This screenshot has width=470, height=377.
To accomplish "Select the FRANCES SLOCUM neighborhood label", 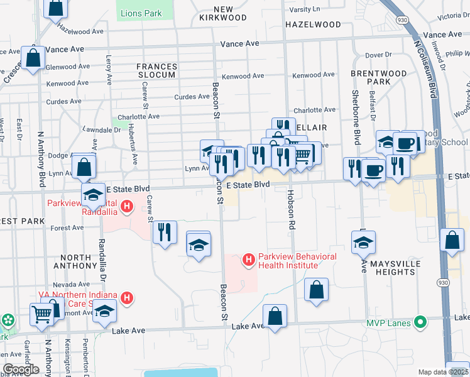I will [x=157, y=70].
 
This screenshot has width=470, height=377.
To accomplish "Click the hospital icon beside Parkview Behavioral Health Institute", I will [x=248, y=259].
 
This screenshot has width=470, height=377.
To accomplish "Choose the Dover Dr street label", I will [x=378, y=55].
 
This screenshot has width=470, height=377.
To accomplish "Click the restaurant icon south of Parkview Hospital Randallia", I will [x=165, y=232].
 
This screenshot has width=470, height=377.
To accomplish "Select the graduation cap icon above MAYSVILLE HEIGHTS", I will [x=363, y=242].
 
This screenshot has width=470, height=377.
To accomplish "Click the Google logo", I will [x=21, y=369].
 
